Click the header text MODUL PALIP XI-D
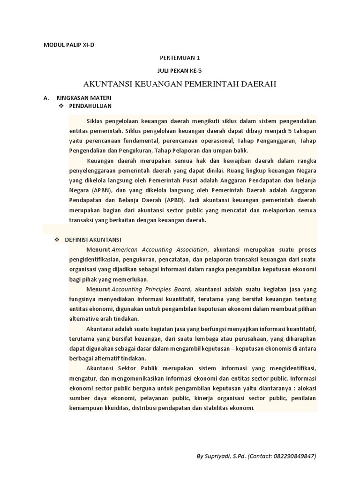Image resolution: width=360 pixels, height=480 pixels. click(x=72, y=45)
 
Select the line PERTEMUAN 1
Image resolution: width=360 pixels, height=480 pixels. click(x=180, y=58)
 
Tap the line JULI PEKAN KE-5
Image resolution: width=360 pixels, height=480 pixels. click(x=180, y=70)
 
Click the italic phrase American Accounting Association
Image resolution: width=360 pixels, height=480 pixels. click(x=159, y=249)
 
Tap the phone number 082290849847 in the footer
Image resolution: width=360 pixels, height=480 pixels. click(x=294, y=456)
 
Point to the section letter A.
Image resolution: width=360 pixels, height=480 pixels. click(x=46, y=98)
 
